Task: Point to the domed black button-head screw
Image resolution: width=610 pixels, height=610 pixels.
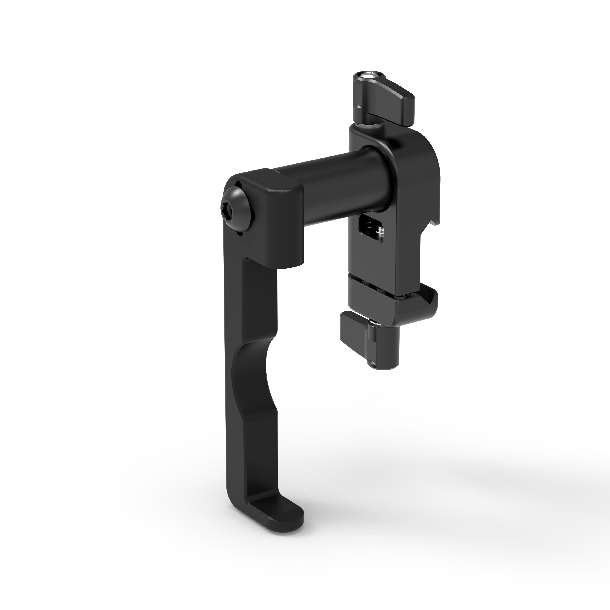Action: (x=233, y=205)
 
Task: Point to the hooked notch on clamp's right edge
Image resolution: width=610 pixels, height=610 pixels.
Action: (x=434, y=221)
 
